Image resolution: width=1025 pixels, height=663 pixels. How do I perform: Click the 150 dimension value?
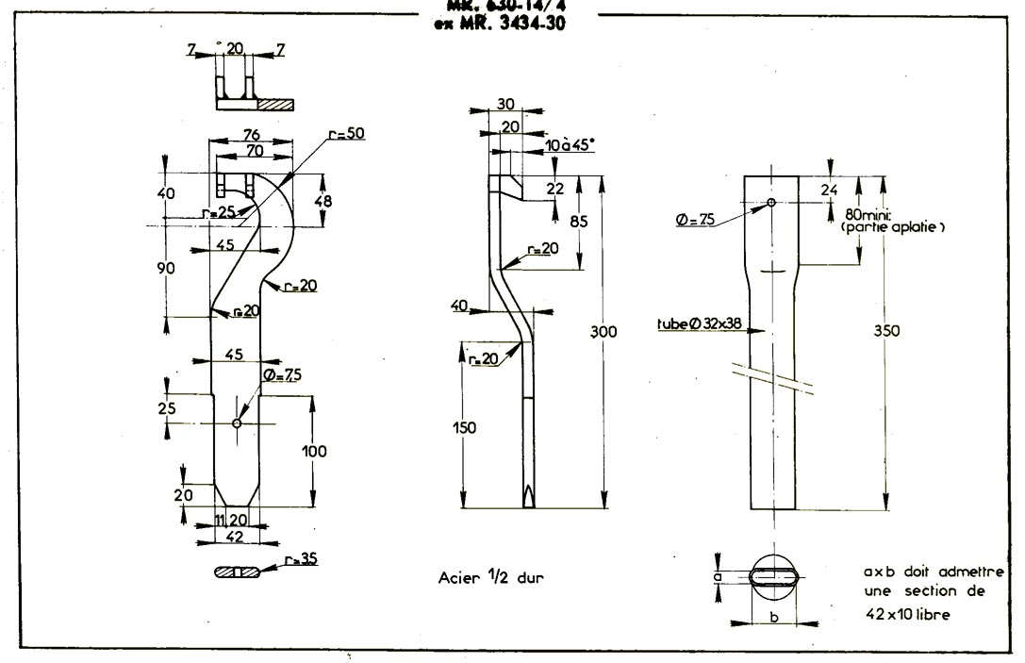click(x=463, y=428)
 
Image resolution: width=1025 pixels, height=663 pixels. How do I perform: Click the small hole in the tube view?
click(x=771, y=203)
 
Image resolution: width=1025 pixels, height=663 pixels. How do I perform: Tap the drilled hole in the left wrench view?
click(x=236, y=423)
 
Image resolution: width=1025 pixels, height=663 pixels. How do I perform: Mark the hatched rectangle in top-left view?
click(x=275, y=104)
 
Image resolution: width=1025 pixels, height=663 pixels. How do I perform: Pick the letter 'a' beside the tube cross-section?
click(x=718, y=574)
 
